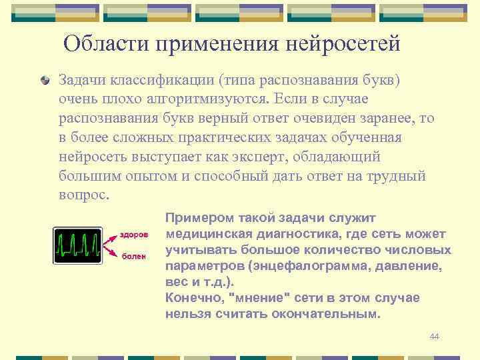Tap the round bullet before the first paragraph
[45, 81]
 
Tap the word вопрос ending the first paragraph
[82, 196]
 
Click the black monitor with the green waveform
[77, 245]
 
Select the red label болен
[133, 257]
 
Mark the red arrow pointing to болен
[111, 253]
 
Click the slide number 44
[434, 337]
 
